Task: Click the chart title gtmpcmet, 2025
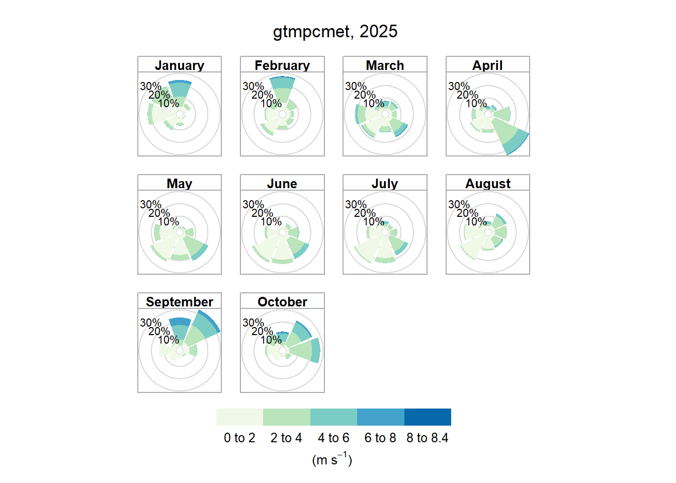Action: (x=335, y=32)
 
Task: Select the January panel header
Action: (x=180, y=64)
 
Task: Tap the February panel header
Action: (x=282, y=64)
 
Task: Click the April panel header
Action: (x=488, y=64)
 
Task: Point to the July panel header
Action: (x=385, y=183)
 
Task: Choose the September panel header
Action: (x=180, y=301)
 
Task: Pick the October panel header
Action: (x=282, y=301)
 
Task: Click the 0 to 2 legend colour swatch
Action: (x=239, y=417)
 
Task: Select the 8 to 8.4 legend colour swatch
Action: (x=428, y=417)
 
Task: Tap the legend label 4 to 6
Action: (x=333, y=438)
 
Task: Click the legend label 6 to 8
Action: (x=380, y=438)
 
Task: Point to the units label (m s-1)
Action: (x=332, y=459)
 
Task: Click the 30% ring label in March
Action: (x=356, y=87)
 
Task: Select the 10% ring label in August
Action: (x=476, y=221)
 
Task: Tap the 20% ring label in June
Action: (x=262, y=213)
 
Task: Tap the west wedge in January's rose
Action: (x=160, y=114)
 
